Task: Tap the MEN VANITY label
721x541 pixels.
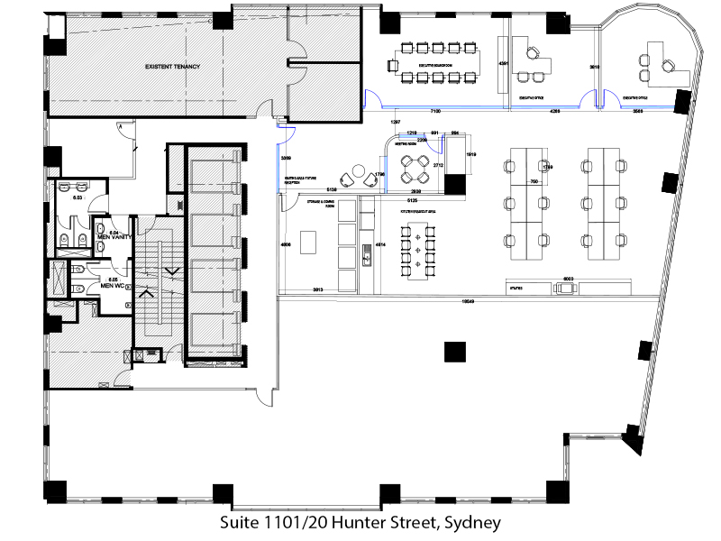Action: (115, 237)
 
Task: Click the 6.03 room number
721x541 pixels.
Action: (78, 197)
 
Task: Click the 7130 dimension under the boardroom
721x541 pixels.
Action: (434, 110)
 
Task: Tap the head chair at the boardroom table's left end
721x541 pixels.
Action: (391, 64)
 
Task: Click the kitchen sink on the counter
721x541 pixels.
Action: (367, 259)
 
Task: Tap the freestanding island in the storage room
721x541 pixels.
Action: (309, 243)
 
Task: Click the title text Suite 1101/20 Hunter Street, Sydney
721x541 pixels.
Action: (360, 522)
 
